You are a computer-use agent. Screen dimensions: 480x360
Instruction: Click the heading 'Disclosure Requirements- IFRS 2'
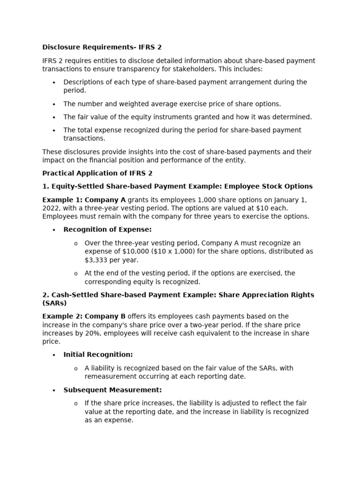click(102, 47)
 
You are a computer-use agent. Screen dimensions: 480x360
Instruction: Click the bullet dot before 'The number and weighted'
click(54, 104)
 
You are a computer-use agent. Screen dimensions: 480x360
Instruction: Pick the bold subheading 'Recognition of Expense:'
click(107, 229)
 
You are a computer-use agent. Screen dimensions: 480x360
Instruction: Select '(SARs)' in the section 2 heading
click(54, 303)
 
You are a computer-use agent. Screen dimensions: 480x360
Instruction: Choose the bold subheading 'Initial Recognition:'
click(98, 354)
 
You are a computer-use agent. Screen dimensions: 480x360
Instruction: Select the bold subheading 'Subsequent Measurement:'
click(112, 390)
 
